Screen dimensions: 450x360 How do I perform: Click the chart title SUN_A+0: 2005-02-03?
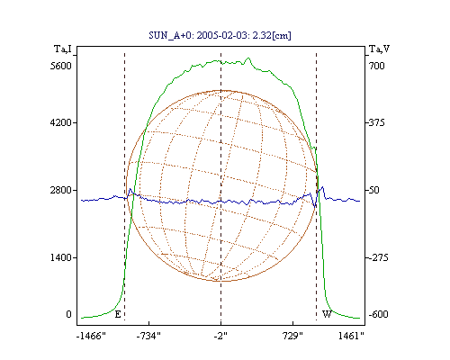pyautogui.click(x=193, y=35)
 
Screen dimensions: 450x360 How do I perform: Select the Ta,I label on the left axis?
pyautogui.click(x=63, y=49)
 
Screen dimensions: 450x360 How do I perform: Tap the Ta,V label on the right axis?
pyautogui.click(x=379, y=49)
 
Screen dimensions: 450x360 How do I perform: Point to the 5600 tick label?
pyautogui.click(x=61, y=66)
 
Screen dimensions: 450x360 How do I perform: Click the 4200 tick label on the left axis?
pyautogui.click(x=61, y=122)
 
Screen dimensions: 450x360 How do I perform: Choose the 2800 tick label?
pyautogui.click(x=61, y=190)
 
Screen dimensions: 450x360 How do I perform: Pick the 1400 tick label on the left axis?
pyautogui.click(x=61, y=257)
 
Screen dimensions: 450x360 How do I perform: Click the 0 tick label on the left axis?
pyautogui.click(x=68, y=314)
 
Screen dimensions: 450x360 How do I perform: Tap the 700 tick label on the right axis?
pyautogui.click(x=377, y=66)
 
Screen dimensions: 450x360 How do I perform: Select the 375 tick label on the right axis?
pyautogui.click(x=377, y=122)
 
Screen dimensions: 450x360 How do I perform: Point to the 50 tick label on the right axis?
pyautogui.click(x=374, y=190)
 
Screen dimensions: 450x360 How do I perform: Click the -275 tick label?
pyautogui.click(x=378, y=257)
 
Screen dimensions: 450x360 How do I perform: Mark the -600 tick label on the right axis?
pyautogui.click(x=378, y=314)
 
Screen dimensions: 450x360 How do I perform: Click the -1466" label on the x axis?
pyautogui.click(x=91, y=336)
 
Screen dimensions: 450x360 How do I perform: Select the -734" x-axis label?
pyautogui.click(x=148, y=336)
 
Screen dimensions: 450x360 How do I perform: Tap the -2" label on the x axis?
pyautogui.click(x=220, y=336)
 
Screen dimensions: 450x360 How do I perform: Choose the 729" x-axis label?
pyautogui.click(x=292, y=336)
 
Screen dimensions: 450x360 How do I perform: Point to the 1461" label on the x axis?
pyautogui.click(x=351, y=336)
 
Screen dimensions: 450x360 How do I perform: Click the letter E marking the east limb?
pyautogui.click(x=118, y=314)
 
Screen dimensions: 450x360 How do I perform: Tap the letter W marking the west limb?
pyautogui.click(x=327, y=314)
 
